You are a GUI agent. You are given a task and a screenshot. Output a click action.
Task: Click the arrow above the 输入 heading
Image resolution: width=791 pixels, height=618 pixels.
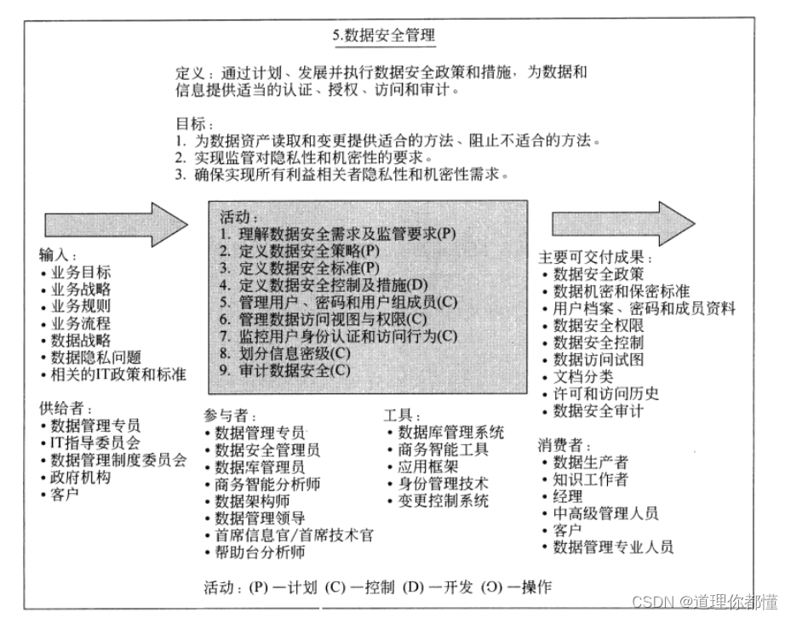pyautogui.click(x=115, y=224)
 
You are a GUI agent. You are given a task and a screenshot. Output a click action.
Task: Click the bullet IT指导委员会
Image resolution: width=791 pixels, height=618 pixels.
pyautogui.click(x=95, y=443)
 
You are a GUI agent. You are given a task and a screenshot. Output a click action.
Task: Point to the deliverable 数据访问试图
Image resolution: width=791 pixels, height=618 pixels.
pyautogui.click(x=598, y=359)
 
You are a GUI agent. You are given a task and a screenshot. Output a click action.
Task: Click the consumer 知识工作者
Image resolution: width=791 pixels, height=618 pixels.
pyautogui.click(x=591, y=479)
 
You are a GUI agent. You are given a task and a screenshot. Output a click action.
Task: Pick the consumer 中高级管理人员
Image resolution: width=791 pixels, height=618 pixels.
pyautogui.click(x=605, y=513)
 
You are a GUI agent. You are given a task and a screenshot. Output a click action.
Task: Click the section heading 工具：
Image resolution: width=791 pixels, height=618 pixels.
pyautogui.click(x=401, y=415)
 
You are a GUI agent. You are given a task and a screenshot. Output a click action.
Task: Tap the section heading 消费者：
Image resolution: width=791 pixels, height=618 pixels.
pyautogui.click(x=563, y=444)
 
